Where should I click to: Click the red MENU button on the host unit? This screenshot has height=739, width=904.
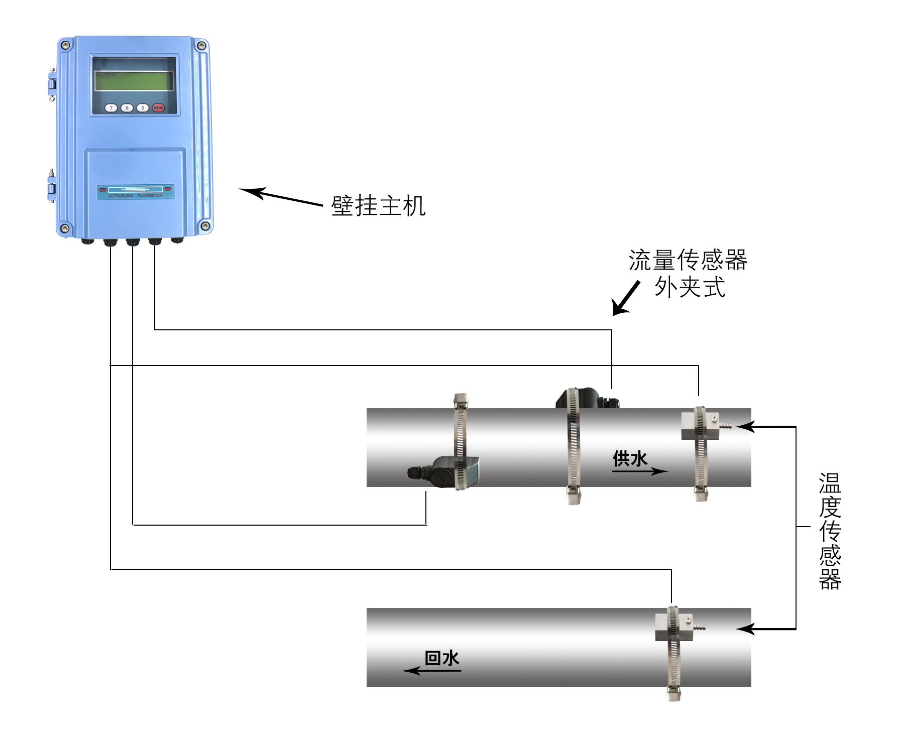[158, 108]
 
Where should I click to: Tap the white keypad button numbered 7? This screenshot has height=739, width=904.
[111, 108]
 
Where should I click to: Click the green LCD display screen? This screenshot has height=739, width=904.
[134, 81]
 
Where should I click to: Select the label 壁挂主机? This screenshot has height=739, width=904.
[378, 206]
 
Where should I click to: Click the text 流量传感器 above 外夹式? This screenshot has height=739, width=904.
[688, 260]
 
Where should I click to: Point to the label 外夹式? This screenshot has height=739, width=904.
[690, 288]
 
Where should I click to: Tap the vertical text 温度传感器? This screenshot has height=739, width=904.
[830, 531]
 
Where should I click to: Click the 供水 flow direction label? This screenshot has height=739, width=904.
[630, 458]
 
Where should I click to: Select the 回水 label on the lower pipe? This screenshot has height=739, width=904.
[442, 658]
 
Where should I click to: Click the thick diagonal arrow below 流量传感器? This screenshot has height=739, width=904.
[625, 299]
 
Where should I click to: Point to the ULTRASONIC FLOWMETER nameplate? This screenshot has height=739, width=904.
[136, 192]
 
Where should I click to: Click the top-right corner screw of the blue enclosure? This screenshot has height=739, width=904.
[201, 46]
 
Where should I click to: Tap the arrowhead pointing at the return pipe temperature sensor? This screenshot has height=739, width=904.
[745, 629]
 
